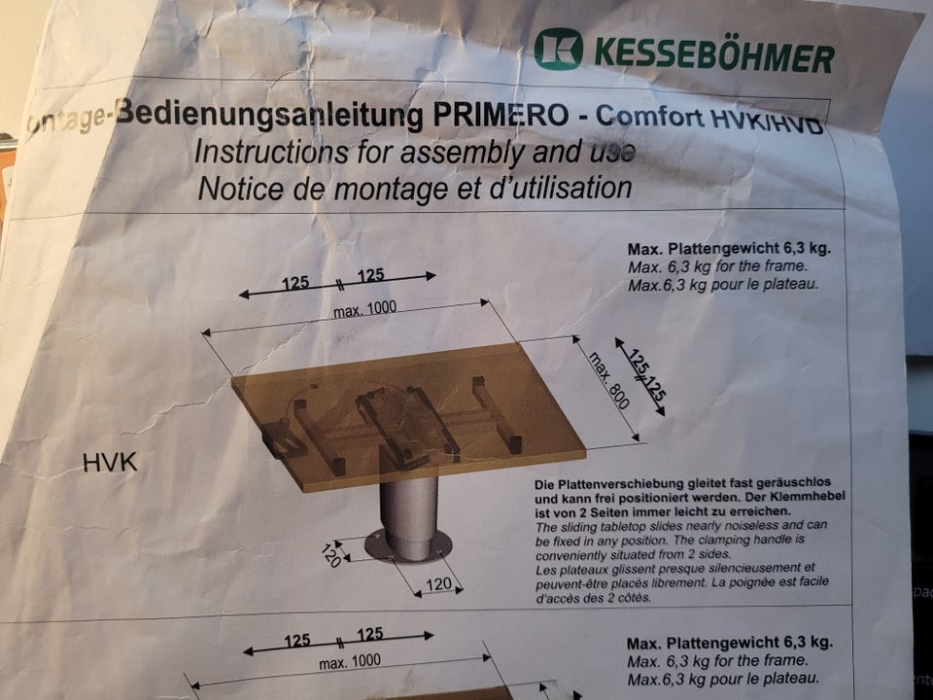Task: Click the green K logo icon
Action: click(558, 49)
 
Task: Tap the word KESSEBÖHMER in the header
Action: click(713, 54)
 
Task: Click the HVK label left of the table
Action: click(110, 463)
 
